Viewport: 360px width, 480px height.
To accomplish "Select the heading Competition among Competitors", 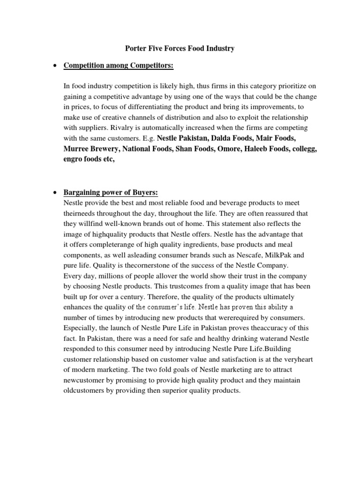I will coord(119,67).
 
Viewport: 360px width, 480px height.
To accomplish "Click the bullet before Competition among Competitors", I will coord(56,67).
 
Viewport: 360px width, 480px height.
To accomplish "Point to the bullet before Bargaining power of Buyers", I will coord(56,193).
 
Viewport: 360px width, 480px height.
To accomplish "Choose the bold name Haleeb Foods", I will coord(264,149).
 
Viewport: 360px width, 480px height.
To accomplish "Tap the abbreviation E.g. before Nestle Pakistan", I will coord(148,139).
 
